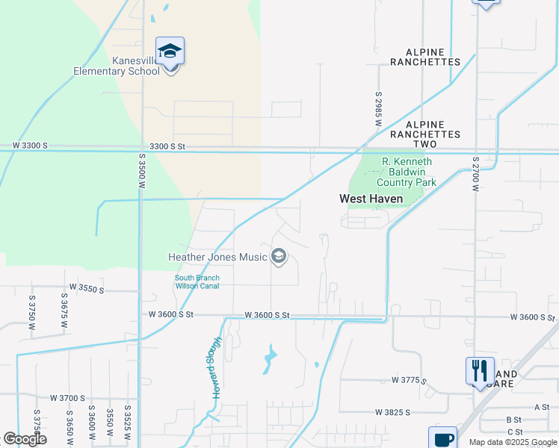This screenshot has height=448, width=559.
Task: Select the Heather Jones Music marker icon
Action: click(x=279, y=257)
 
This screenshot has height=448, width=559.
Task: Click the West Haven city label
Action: click(x=371, y=199)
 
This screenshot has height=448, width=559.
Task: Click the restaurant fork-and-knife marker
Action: click(x=479, y=370)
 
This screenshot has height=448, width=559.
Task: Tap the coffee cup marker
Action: click(x=443, y=438)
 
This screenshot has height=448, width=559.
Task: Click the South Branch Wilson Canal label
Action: click(x=197, y=281)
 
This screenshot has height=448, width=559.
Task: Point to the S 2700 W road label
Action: click(x=475, y=174)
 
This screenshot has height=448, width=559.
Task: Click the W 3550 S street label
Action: click(x=87, y=287)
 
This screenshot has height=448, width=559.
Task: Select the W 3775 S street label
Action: click(x=409, y=381)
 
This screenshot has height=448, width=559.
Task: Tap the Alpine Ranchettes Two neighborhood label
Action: click(x=433, y=129)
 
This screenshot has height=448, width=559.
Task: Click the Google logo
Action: click(x=25, y=438)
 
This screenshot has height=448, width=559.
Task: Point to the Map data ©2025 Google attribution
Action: click(x=512, y=442)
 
